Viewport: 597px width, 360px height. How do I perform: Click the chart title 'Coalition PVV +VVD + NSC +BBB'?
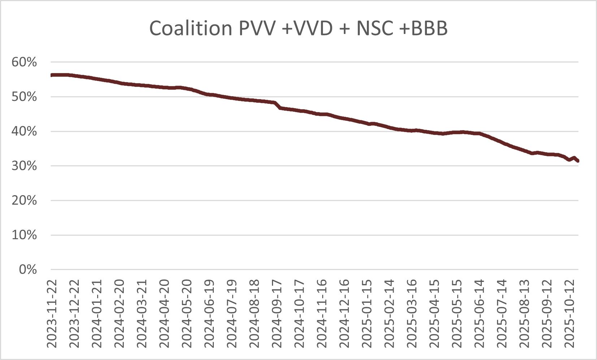298,28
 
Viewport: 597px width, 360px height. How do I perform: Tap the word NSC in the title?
375,28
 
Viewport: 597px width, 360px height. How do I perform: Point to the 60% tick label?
24,62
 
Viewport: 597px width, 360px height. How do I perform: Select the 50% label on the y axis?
24,97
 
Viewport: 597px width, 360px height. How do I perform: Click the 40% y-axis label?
24,131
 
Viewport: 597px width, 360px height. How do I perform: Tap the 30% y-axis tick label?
24,166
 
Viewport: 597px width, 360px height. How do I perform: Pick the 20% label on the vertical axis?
24,200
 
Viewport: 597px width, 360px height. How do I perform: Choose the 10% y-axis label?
24,235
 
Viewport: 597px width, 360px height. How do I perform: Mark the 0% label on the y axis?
28,269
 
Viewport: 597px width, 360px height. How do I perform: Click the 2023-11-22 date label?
52,313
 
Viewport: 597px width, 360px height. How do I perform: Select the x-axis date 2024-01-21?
97,313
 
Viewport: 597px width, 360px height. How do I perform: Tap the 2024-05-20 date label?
187,313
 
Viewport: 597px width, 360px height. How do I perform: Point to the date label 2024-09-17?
277,313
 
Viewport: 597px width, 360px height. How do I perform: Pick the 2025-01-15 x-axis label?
367,313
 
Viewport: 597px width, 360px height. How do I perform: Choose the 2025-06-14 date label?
479,313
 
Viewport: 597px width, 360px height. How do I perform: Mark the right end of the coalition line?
578,161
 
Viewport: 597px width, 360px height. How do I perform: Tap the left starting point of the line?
52,75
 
